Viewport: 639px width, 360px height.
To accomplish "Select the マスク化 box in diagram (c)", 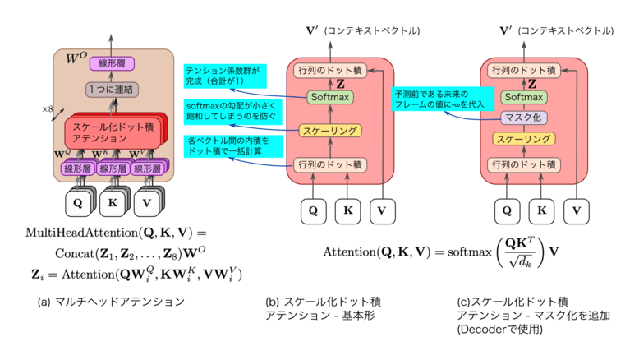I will pyautogui.click(x=523, y=118).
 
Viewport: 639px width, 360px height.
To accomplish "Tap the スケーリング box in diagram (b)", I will pyautogui.click(x=329, y=131).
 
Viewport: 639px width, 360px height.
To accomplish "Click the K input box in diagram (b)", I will pyautogui.click(x=347, y=210).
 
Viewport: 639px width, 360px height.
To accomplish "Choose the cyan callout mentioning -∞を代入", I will pyautogui.click(x=439, y=99).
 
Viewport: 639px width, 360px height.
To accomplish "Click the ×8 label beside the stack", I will pyautogui.click(x=49, y=108).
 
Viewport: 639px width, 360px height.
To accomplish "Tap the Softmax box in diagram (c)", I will pyautogui.click(x=523, y=97).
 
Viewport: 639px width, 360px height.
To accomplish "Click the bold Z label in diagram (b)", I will pyautogui.click(x=339, y=83).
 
